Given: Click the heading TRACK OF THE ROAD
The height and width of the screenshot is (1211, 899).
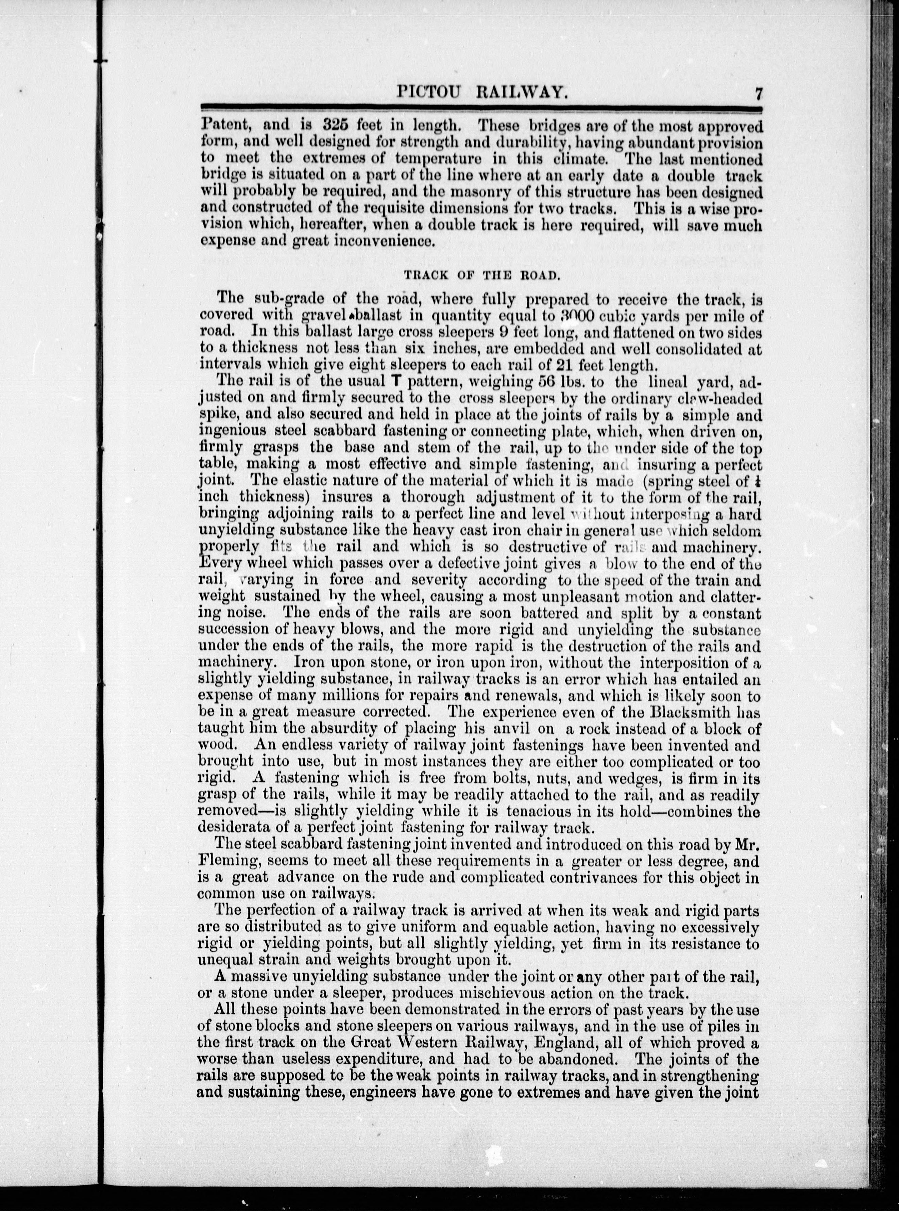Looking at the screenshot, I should click(x=482, y=275).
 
